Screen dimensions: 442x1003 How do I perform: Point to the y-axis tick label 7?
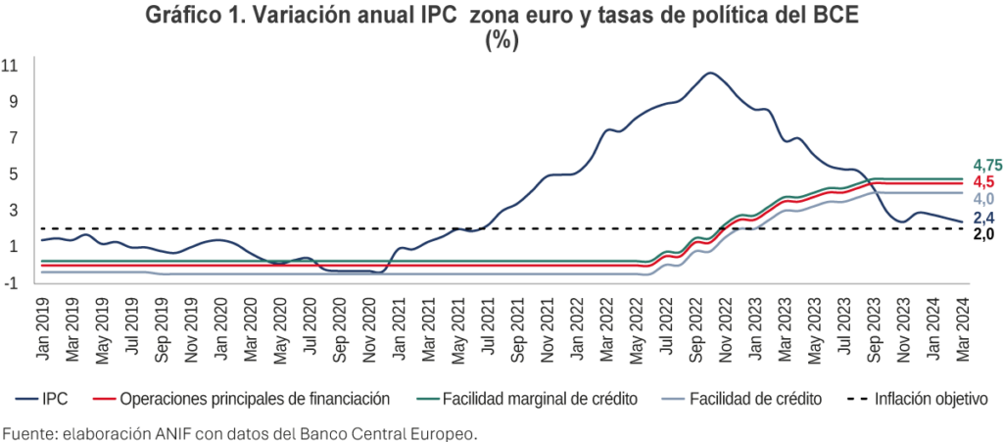click(14, 138)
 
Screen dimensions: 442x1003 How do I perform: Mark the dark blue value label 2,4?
click(982, 219)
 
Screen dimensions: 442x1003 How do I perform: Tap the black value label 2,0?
click(982, 235)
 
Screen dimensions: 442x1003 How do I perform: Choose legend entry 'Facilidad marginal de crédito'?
click(529, 399)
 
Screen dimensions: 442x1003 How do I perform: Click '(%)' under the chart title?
click(501, 40)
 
